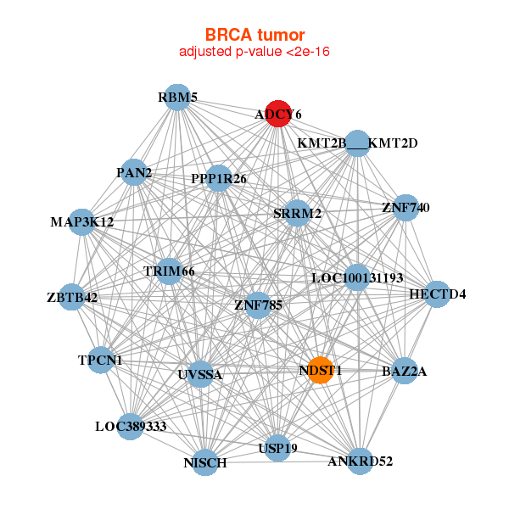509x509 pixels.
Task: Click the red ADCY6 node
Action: (278, 114)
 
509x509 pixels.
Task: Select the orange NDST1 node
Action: (321, 371)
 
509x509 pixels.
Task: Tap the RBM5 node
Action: (177, 98)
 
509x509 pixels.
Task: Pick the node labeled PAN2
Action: (134, 172)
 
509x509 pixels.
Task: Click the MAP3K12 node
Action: (82, 222)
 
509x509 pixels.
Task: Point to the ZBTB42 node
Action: (72, 297)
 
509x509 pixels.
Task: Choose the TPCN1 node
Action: (101, 360)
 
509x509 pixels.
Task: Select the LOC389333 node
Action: (130, 427)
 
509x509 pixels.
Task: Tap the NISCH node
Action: (205, 462)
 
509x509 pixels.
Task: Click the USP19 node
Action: (277, 448)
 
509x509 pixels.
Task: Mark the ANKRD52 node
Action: (360, 461)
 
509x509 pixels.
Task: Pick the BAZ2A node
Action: (404, 371)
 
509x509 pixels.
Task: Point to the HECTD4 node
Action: (437, 294)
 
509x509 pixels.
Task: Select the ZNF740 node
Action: (406, 208)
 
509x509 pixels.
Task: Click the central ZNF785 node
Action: (258, 305)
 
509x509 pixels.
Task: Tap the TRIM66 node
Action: (169, 271)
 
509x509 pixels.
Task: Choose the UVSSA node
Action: (200, 374)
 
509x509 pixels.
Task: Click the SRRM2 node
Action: (297, 214)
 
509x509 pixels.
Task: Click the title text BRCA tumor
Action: (255, 35)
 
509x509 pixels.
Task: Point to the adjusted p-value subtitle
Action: (255, 52)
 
